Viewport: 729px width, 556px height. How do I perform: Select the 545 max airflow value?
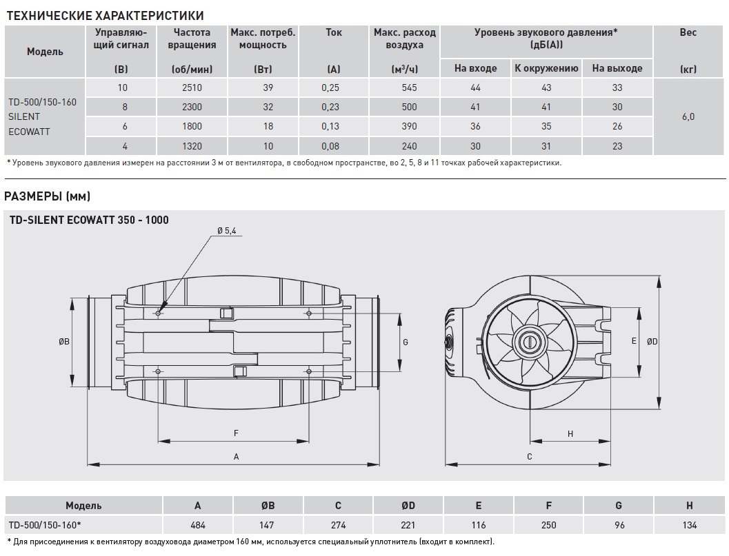[405, 87]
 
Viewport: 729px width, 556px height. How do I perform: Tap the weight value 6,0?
[688, 116]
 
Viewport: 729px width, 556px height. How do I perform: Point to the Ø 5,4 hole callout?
[226, 231]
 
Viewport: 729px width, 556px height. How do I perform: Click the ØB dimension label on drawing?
[63, 342]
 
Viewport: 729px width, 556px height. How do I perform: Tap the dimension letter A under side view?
[236, 456]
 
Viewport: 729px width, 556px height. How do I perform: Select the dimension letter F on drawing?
[236, 433]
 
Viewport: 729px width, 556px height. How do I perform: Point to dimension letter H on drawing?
[570, 433]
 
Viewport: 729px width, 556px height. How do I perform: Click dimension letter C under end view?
[529, 456]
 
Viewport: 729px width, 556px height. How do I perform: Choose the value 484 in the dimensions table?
[198, 525]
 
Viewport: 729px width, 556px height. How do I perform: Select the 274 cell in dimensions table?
[338, 525]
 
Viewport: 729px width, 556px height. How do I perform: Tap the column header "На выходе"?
[617, 68]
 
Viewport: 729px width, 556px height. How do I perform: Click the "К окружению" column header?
[546, 68]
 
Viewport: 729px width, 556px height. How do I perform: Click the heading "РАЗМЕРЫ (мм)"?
[47, 196]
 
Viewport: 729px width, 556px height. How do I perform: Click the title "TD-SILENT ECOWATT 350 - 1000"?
[89, 220]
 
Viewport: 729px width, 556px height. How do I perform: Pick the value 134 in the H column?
[690, 525]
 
